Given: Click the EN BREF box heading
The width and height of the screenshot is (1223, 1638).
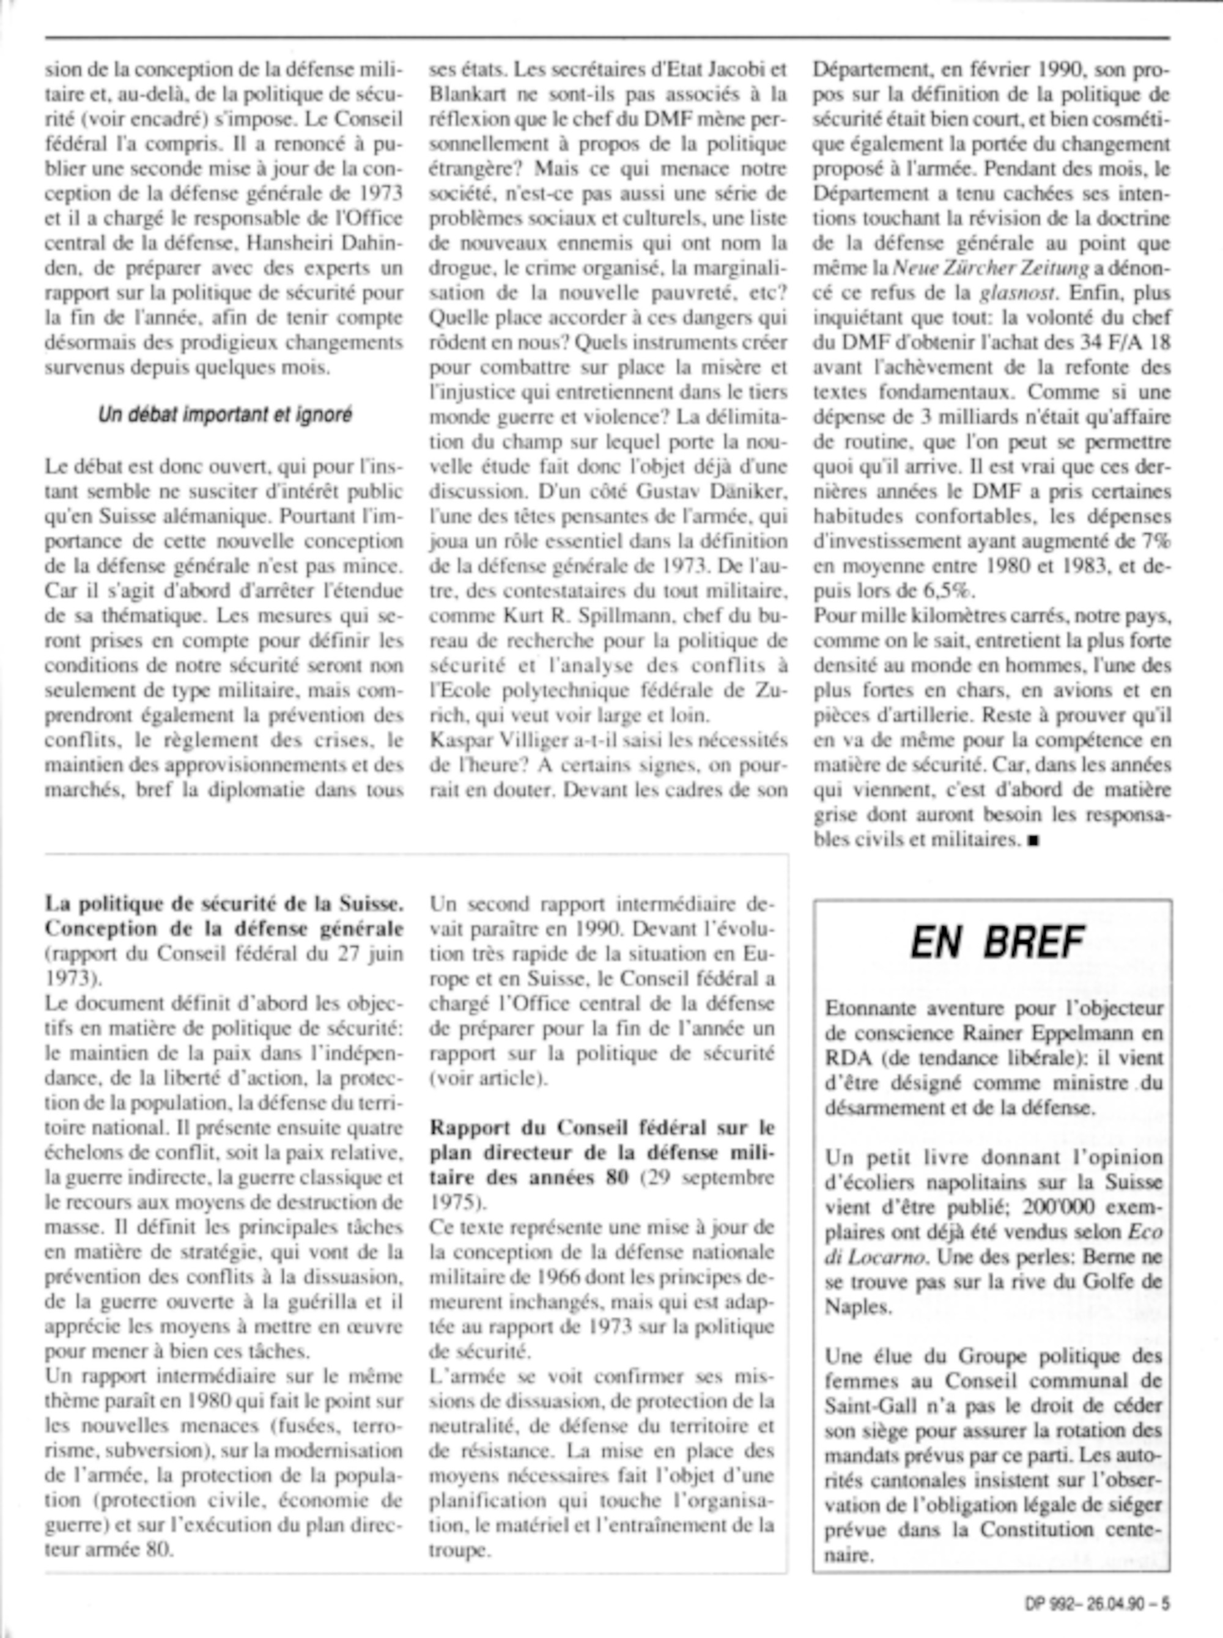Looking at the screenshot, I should [x=997, y=942].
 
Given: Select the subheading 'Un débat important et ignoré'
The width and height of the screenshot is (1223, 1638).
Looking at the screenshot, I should [x=225, y=415].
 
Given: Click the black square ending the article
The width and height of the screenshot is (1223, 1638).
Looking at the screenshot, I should [x=1033, y=840].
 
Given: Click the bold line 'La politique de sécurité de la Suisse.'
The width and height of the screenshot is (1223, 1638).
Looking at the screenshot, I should [x=224, y=904].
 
